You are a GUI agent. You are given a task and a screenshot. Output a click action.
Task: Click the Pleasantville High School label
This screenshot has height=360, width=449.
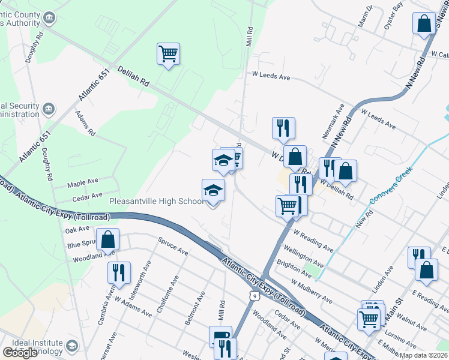pos(156,202)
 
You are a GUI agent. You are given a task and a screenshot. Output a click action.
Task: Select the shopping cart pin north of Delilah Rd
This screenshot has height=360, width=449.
pos(168,54)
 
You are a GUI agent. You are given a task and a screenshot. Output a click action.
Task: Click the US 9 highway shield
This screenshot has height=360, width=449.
pos(255,295)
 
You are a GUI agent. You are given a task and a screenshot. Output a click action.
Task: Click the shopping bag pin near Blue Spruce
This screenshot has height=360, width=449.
pos(107,240)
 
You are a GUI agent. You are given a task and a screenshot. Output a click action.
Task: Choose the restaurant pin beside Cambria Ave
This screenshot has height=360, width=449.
pos(119,272)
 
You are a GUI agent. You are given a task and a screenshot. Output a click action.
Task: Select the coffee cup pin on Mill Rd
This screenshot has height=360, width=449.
pos(220,335)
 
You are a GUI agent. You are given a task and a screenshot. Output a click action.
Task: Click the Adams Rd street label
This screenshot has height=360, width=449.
pos(85,123)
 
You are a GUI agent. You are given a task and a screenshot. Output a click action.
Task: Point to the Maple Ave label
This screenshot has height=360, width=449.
pos(83,181)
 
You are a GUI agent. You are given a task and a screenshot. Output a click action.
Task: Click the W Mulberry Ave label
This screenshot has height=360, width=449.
pos(312,291)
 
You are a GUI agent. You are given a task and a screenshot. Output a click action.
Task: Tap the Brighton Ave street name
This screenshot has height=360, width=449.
pos(294,268)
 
